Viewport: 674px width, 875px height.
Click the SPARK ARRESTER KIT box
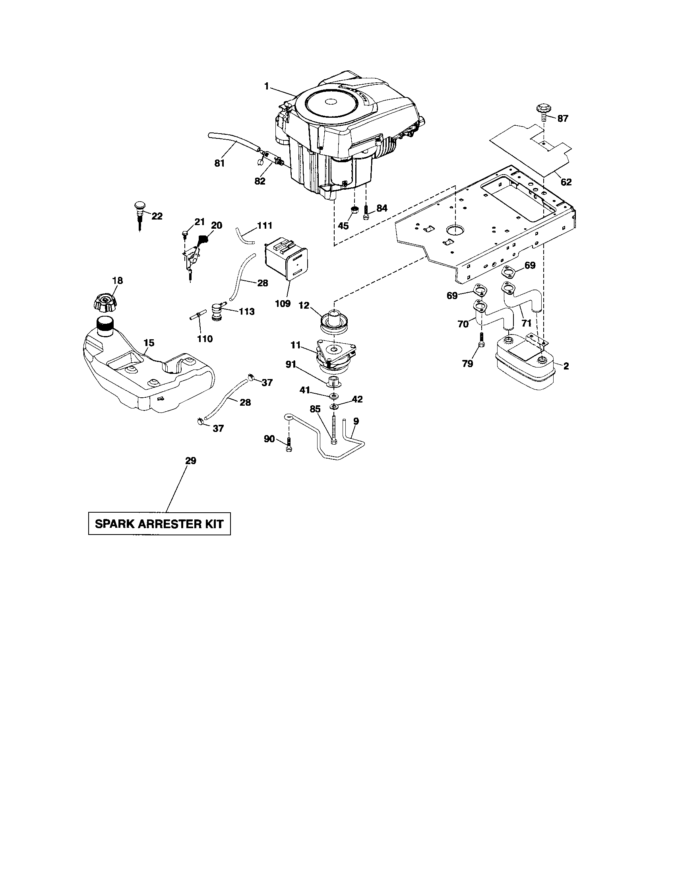coord(159,524)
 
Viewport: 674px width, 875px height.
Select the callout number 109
coord(283,303)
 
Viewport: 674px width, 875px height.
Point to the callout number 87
coord(563,119)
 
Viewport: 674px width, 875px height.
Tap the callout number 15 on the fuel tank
coord(149,343)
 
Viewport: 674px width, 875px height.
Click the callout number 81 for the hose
coord(219,163)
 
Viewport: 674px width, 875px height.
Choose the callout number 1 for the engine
coord(266,86)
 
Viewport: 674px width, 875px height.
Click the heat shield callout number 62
coord(566,182)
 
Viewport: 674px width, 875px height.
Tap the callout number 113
coord(246,311)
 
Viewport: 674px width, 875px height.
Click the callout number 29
coord(190,461)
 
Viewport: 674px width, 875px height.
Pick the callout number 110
coord(205,339)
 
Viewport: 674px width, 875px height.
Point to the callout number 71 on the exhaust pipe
coord(527,323)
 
